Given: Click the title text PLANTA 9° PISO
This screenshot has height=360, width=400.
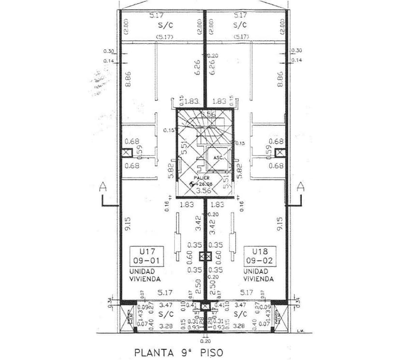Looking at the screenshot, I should (x=178, y=352).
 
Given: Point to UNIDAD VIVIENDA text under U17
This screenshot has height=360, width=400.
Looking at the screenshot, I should (x=145, y=275).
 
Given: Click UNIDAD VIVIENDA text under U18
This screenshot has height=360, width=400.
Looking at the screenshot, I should (x=258, y=275).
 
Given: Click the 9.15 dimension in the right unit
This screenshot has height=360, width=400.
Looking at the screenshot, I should (x=279, y=223).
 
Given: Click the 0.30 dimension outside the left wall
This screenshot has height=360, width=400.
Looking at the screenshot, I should (x=109, y=51).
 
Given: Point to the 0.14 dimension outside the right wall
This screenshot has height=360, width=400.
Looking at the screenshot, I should (x=297, y=60).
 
